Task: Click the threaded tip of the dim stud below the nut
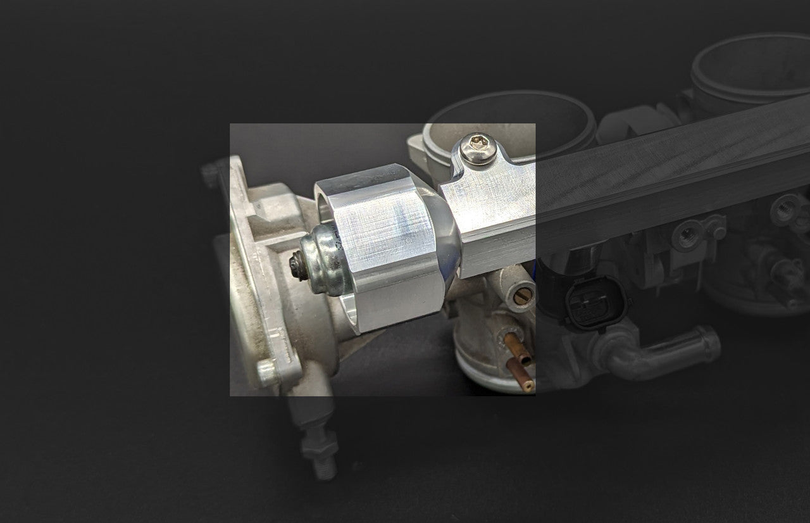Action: click(x=324, y=470)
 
